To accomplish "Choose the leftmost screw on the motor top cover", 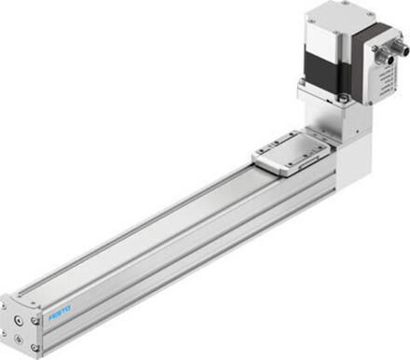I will (x=310, y=18).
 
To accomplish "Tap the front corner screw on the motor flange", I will (x=345, y=96).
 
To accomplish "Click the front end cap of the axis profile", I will (x=20, y=325).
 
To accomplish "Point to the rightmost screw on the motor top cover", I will (x=372, y=21).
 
